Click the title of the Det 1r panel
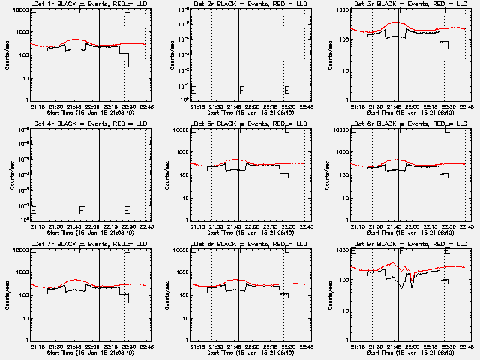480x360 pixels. tap(83, 4)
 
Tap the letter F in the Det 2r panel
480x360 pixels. tap(241, 90)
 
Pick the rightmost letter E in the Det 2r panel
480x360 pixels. tap(286, 90)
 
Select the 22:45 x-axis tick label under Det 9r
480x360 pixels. tap(466, 346)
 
